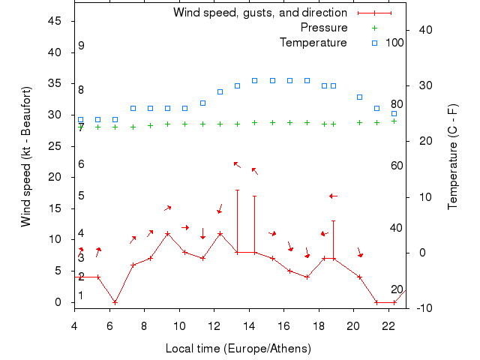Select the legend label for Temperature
tap(313, 42)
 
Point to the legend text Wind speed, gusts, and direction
tap(259, 13)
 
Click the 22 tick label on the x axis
tap(388, 325)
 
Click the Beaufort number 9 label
tap(81, 46)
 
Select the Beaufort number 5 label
tap(81, 196)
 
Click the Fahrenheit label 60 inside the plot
tap(397, 166)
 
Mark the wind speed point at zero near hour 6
tap(115, 302)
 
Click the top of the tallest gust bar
tap(238, 190)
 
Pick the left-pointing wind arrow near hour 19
tap(333, 196)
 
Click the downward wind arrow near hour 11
tap(202, 234)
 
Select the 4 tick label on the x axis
tap(74, 325)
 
